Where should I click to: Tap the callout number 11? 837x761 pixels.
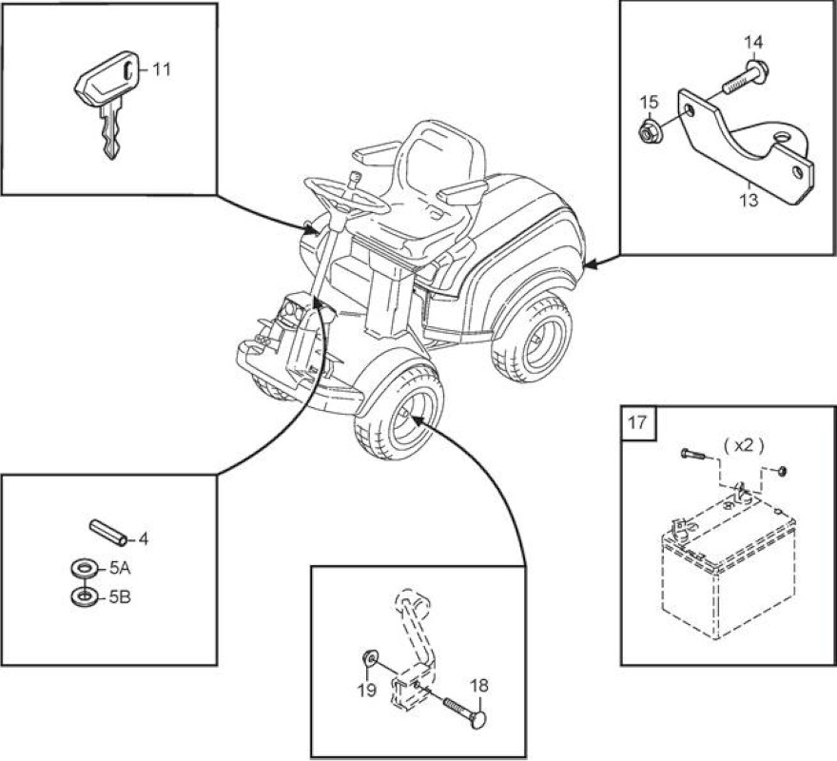click(161, 69)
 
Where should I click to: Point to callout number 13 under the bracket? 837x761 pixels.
click(749, 201)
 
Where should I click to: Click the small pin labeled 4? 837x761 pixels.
click(108, 533)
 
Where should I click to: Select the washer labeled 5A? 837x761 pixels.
click(85, 568)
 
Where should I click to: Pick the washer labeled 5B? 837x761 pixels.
click(85, 596)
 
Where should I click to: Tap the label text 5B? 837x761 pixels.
click(120, 597)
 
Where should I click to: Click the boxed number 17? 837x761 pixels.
click(637, 423)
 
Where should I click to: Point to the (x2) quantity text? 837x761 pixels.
click(744, 445)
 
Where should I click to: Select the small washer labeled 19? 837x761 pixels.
click(370, 657)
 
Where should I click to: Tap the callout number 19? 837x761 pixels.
click(367, 690)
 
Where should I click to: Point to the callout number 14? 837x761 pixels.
click(753, 42)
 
